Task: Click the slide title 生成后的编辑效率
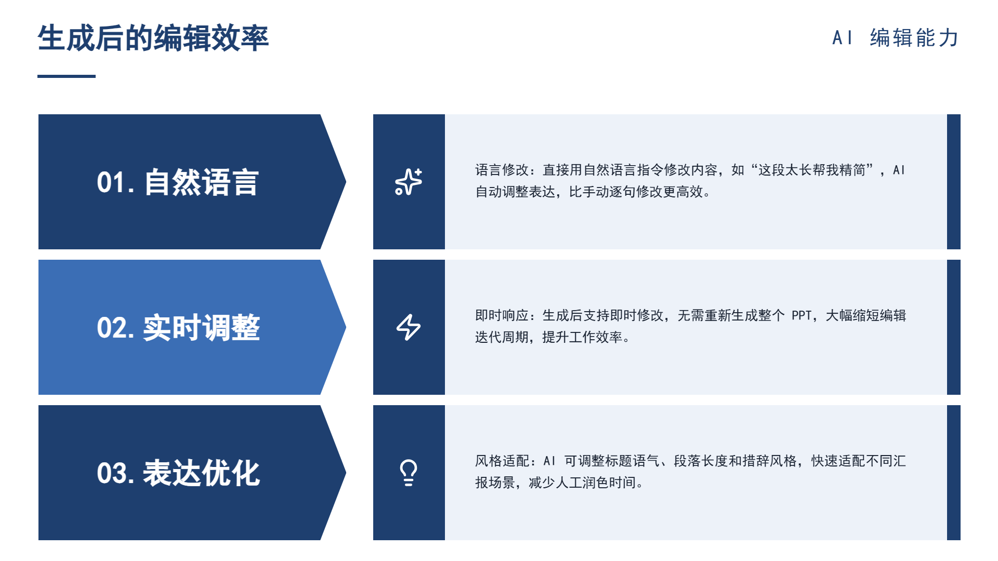[153, 38]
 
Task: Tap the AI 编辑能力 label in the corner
[896, 38]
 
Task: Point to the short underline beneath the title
[67, 76]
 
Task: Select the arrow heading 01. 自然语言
[177, 182]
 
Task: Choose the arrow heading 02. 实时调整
[178, 328]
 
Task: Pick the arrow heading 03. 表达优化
[178, 473]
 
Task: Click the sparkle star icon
[409, 182]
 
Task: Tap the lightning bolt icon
[409, 327]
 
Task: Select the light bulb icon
[409, 473]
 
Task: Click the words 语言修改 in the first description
[502, 170]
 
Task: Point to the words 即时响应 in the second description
[502, 315]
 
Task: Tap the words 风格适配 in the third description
[502, 461]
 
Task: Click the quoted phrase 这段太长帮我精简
[812, 170]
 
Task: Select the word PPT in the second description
[802, 315]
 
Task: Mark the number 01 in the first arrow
[111, 183]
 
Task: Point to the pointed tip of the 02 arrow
[346, 327]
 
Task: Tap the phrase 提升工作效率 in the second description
[582, 337]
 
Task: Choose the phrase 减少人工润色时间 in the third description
[582, 483]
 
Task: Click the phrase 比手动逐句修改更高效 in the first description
[636, 192]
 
